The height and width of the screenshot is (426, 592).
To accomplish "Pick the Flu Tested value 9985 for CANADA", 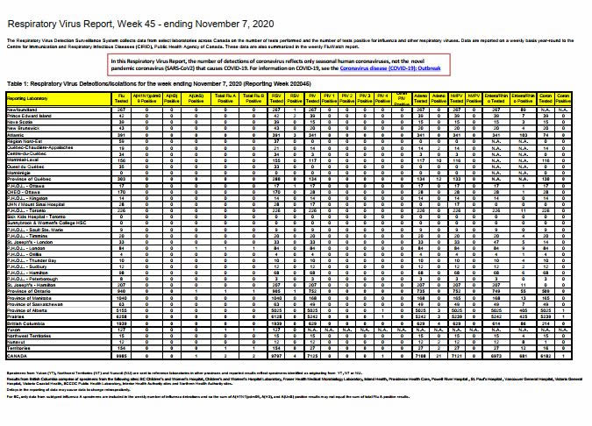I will [x=124, y=380].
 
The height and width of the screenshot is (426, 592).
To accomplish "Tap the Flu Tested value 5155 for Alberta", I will [x=124, y=330].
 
